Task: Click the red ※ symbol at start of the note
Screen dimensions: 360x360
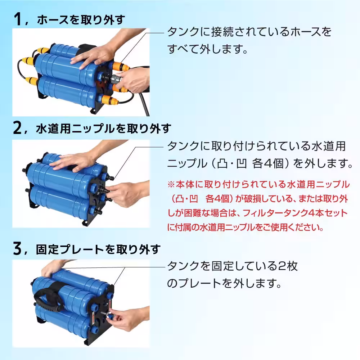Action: tap(171, 185)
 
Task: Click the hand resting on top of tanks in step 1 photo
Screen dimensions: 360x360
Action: tap(92, 56)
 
